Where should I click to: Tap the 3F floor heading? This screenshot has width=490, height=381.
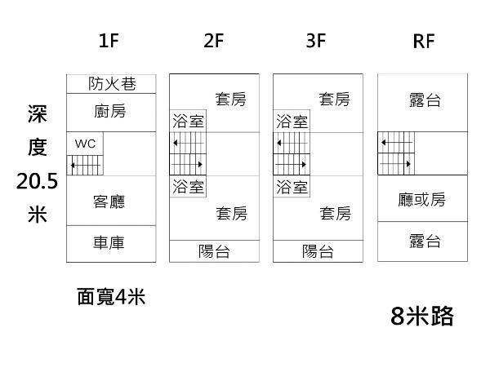[x=316, y=42]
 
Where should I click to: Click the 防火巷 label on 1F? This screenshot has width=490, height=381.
[x=111, y=83]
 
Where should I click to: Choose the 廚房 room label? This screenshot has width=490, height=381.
[x=110, y=110]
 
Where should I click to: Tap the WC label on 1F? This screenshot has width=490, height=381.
[x=86, y=143]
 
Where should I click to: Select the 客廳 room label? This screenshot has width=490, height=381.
[x=109, y=201]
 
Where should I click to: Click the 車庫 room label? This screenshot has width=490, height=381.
[x=109, y=242]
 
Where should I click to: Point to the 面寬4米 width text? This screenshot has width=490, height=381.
[x=111, y=297]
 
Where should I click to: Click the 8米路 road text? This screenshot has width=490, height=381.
[x=421, y=316]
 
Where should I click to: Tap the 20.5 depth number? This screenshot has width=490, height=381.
[x=37, y=181]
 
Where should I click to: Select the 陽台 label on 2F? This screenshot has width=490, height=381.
[x=214, y=251]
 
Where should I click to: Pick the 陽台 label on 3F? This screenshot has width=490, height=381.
[x=318, y=251]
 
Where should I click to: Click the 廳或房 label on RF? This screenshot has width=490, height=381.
[x=422, y=200]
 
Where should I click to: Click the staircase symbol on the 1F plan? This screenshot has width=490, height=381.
[x=86, y=164]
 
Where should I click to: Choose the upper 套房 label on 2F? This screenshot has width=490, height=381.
[x=231, y=100]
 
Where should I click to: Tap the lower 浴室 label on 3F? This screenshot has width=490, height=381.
[x=292, y=187]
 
